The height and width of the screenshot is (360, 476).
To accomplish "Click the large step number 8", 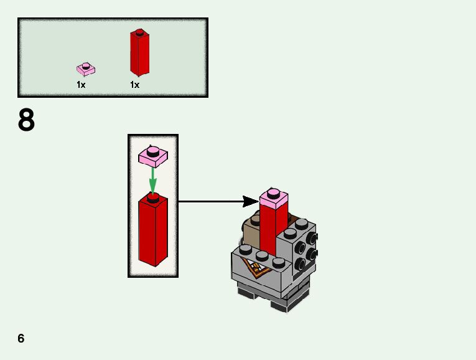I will [x=26, y=120].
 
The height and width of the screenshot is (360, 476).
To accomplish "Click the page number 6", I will [x=21, y=338].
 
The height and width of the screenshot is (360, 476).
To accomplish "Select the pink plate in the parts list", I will [x=85, y=70].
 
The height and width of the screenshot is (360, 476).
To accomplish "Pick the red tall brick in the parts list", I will [x=139, y=55].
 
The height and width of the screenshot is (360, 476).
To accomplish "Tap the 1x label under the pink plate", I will [x=81, y=85].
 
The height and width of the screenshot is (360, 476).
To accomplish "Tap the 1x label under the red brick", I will [x=134, y=85].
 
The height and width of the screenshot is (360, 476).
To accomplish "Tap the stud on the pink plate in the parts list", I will [x=85, y=65].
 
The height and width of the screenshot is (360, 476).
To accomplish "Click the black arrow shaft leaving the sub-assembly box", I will [x=212, y=201].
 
